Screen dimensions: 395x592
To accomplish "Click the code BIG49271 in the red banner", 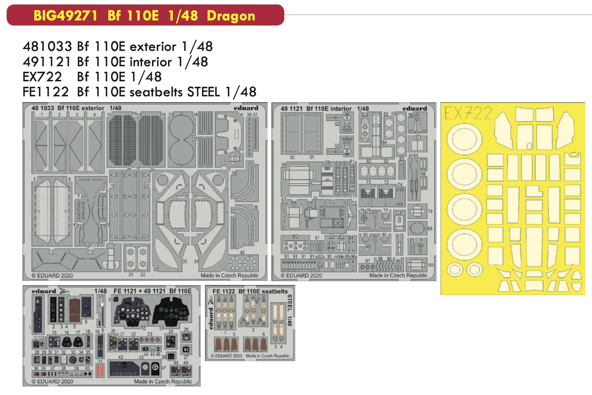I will tap(65, 16).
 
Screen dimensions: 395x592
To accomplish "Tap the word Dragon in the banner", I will tap(231, 16).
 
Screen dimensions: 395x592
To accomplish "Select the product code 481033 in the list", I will tap(47, 46).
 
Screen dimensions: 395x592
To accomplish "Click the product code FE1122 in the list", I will tap(46, 92).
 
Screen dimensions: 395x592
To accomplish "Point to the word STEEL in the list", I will tap(204, 92).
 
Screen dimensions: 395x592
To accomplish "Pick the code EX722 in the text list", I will tap(42, 77).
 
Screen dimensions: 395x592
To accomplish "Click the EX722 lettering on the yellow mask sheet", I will tap(468, 113).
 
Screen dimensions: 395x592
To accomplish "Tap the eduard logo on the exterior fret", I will tap(246, 108).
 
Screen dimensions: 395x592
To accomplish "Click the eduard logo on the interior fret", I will tap(415, 108).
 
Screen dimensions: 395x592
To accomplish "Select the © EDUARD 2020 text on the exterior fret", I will tap(52, 275).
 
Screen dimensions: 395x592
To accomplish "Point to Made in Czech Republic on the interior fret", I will tap(398, 275).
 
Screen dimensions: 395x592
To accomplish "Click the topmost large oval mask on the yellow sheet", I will tap(464, 139).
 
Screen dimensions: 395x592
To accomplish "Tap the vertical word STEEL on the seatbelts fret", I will tap(290, 303).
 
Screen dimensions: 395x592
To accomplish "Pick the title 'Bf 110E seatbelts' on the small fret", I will tap(263, 291).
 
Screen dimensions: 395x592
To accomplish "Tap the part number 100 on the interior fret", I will tap(430, 265).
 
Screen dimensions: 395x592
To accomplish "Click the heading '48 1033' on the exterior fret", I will tap(43, 108).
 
